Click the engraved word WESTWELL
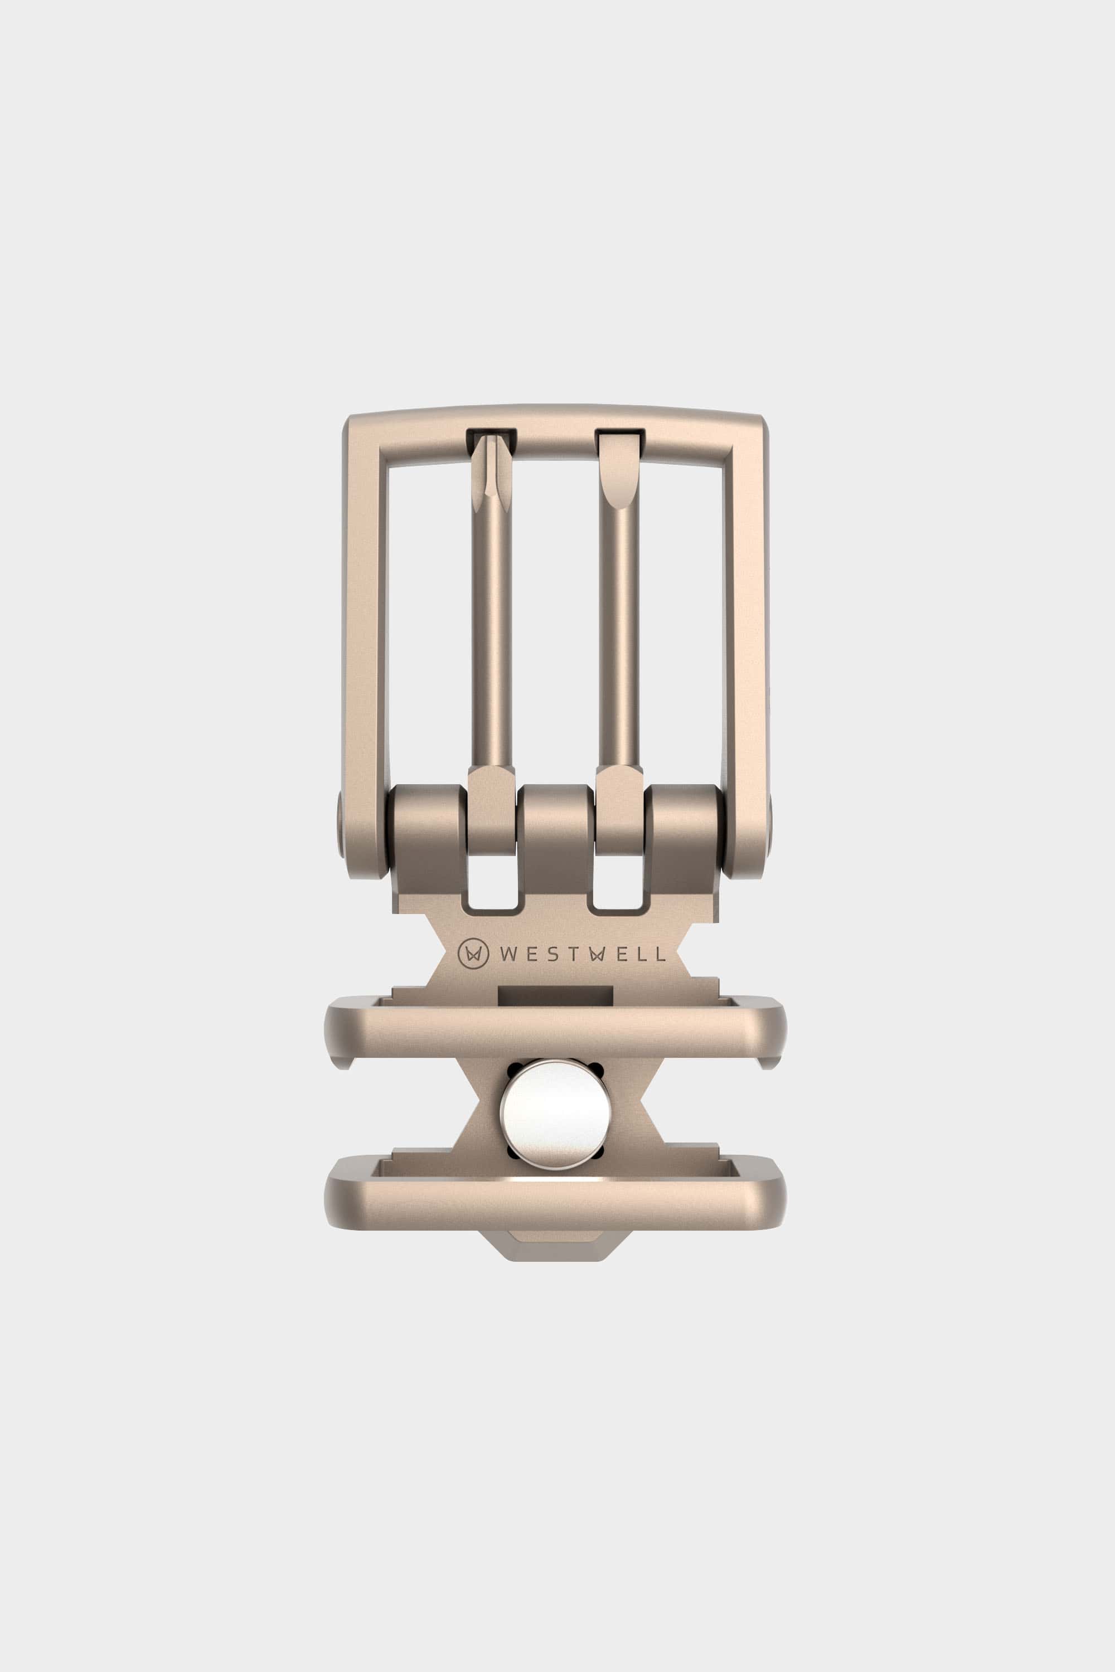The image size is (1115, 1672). (581, 955)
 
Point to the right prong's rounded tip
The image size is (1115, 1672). (619, 477)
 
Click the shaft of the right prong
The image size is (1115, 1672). (619, 640)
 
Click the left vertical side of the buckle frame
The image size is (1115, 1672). (365, 640)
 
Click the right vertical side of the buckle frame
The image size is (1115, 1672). (746, 640)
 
